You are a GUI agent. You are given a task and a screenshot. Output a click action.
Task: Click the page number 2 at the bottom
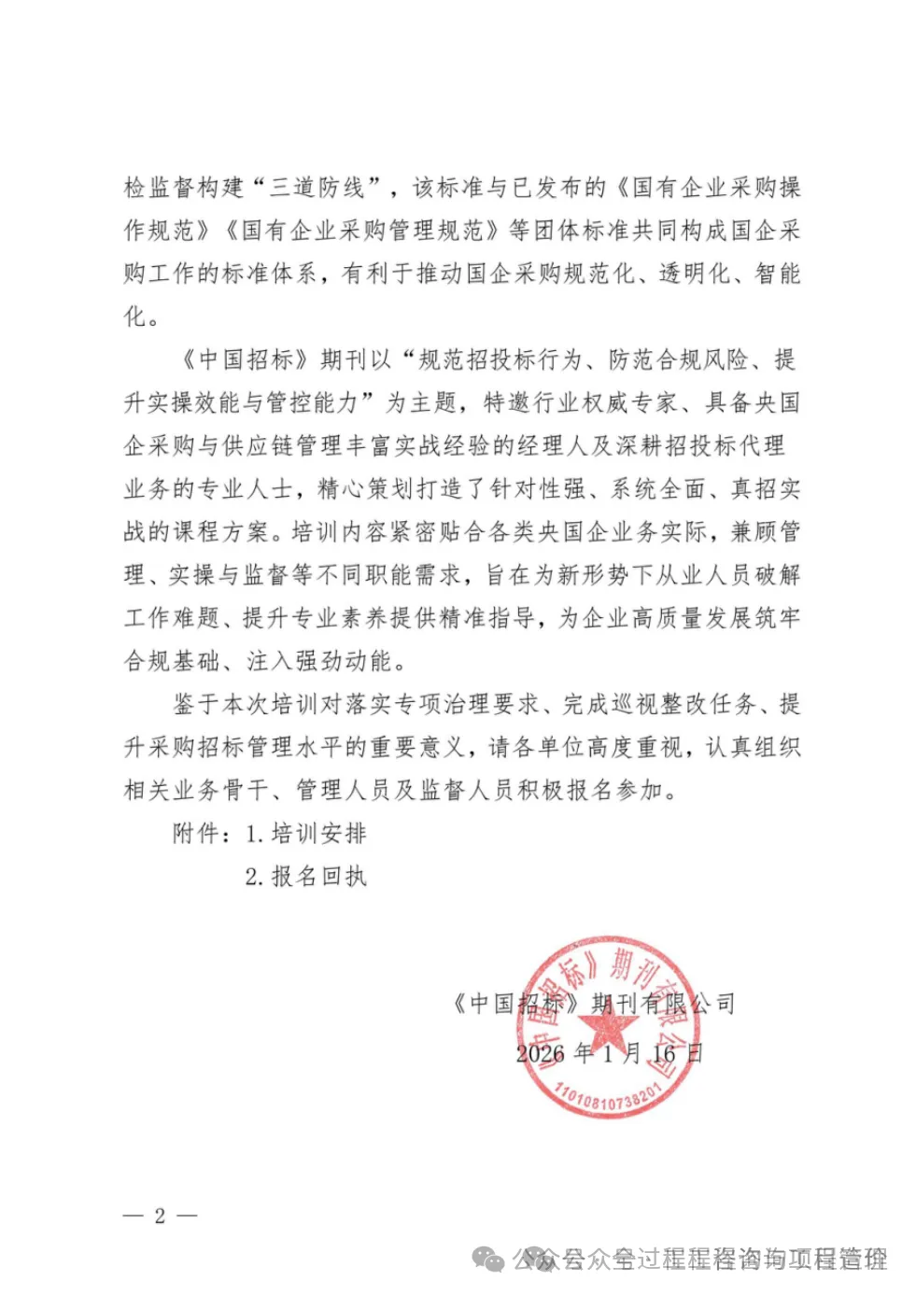[160, 1215]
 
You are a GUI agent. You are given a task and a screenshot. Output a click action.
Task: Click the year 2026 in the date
[541, 1054]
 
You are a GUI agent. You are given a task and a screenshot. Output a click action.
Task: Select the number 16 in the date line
[664, 1054]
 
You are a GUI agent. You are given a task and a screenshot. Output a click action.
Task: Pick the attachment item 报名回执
[318, 876]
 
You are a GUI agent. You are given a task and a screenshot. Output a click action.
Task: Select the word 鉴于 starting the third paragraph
[197, 704]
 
